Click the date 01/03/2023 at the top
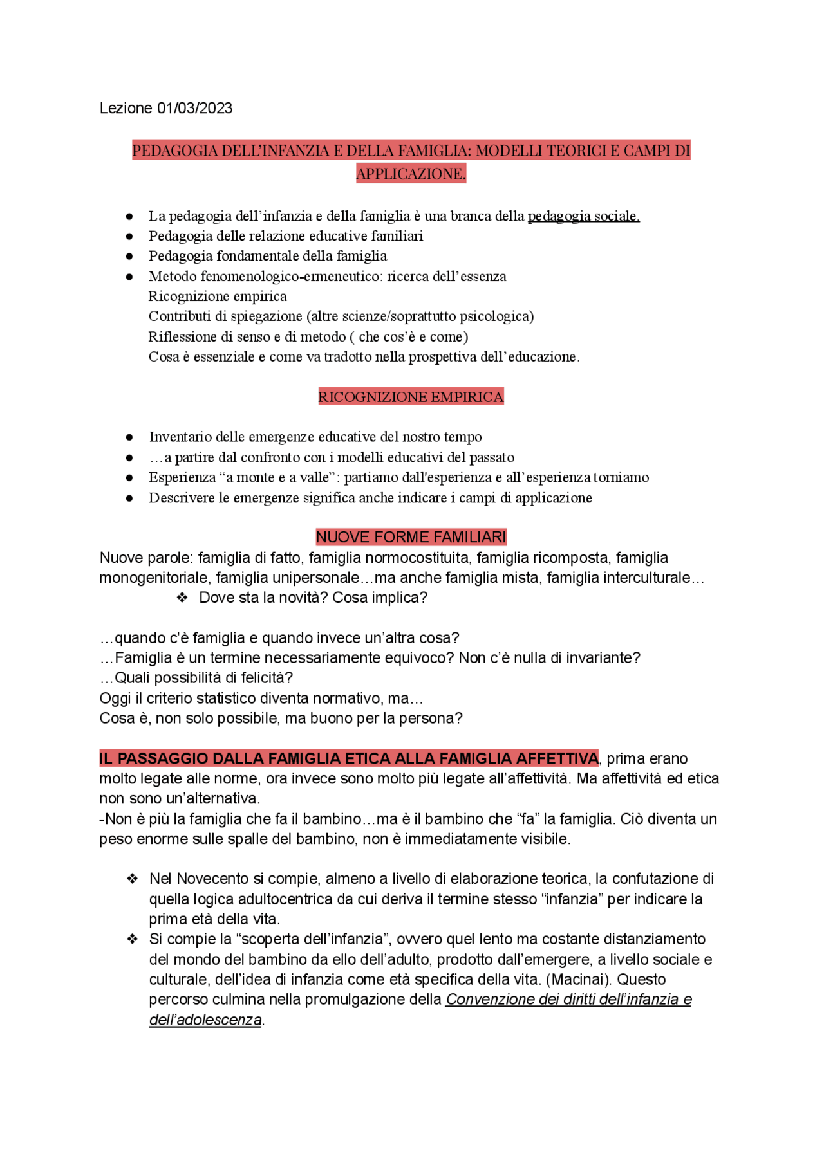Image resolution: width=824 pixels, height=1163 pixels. tap(194, 108)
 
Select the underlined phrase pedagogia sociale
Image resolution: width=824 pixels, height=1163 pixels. tap(583, 216)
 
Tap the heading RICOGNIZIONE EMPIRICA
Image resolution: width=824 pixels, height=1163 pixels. tap(411, 397)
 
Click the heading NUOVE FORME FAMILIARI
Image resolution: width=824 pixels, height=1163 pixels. tap(411, 537)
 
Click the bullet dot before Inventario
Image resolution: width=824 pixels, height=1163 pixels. tap(129, 437)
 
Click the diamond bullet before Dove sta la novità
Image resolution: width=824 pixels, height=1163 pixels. tap(182, 598)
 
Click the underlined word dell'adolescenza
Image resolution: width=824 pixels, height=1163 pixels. tap(205, 1020)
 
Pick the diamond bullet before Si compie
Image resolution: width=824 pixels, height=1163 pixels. tap(133, 939)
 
